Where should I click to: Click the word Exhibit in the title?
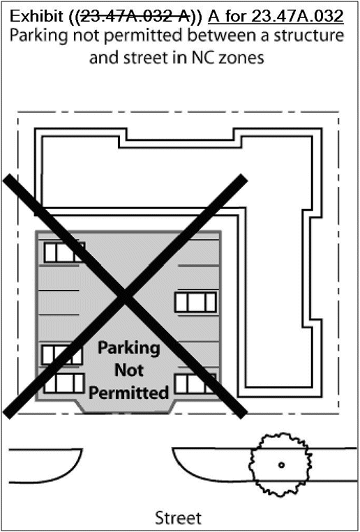(38, 17)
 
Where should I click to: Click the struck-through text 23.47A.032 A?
(135, 17)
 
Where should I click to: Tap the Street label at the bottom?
(179, 518)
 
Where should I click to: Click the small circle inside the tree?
(281, 465)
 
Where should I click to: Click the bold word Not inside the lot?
(128, 370)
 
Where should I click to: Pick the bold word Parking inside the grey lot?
(128, 349)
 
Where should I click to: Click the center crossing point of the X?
(125, 296)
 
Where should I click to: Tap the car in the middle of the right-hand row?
(195, 302)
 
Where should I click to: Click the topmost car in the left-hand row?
(64, 252)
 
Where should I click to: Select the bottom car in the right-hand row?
(195, 383)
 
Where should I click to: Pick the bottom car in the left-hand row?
(64, 383)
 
